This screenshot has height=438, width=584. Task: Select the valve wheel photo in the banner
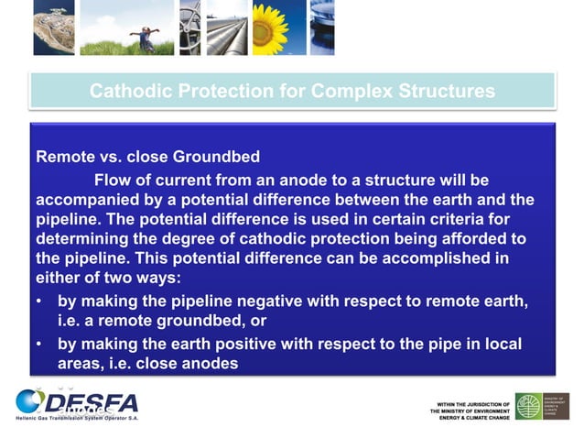pos(189,27)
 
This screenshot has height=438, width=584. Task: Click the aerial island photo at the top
pos(53,27)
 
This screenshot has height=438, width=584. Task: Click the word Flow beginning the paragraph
pos(113,179)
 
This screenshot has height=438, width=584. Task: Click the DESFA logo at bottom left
pos(78,404)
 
